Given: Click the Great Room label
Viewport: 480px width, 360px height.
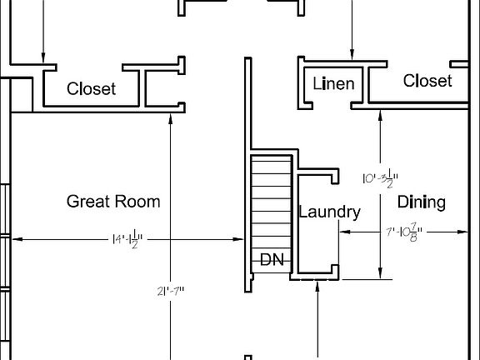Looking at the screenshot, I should (113, 202).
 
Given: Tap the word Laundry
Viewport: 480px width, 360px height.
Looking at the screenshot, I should (329, 212).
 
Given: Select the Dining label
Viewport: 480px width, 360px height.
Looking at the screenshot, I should (421, 202).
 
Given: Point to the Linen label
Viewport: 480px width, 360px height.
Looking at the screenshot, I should (333, 84).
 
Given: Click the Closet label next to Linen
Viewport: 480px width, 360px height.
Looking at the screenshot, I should (427, 81).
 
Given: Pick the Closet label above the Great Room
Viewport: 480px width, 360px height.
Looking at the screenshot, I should (92, 88).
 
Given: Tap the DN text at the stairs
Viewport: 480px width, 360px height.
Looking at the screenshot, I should (272, 259).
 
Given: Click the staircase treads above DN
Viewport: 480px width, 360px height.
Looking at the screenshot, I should (271, 200).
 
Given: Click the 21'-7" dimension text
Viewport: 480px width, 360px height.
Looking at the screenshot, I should (170, 291).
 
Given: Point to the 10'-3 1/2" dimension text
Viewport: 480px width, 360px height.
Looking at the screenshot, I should (381, 178).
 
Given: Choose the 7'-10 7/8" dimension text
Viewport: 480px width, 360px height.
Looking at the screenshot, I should (403, 233).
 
